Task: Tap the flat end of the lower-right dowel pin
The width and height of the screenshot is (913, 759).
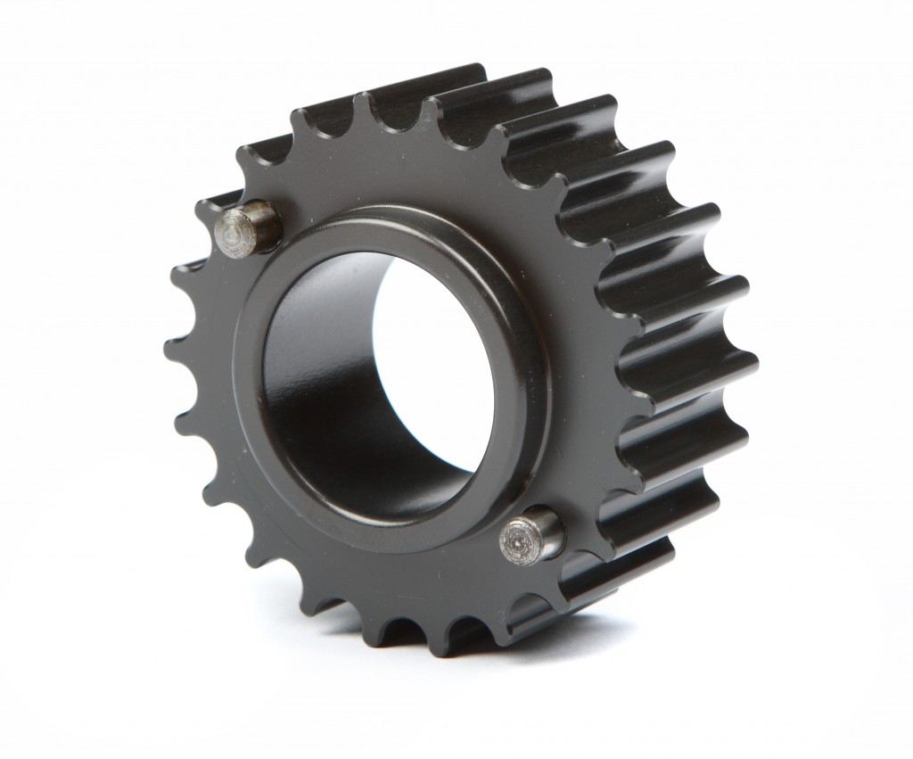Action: point(518,539)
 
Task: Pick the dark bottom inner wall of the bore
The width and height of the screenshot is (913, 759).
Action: point(374,473)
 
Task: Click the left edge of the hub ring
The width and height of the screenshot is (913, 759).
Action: point(244,375)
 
